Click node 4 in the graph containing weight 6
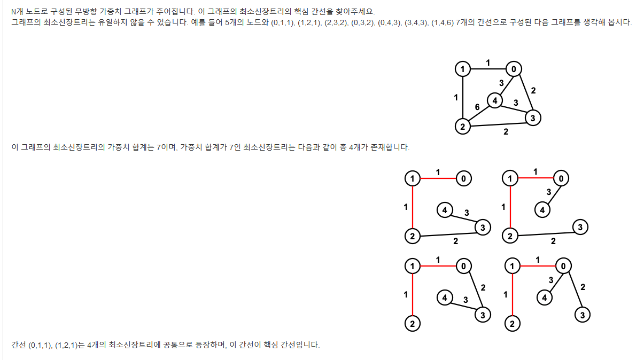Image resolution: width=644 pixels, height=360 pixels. (495, 100)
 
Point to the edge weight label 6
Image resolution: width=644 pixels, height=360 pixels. (477, 107)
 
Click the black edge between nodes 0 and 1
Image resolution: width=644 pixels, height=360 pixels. (487, 69)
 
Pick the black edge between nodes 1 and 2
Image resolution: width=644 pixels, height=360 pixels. (462, 98)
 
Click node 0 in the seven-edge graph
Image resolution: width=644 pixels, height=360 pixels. (514, 69)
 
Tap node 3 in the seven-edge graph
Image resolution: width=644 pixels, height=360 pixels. (532, 118)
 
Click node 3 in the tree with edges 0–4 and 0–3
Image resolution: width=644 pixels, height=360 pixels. (583, 315)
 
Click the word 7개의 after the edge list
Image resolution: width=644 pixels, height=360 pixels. (464, 23)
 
